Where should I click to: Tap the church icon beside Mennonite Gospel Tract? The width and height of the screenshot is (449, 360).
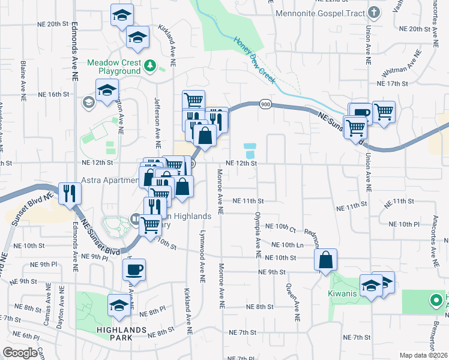coord(374,12)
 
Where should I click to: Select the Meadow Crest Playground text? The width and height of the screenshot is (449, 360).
coord(114,67)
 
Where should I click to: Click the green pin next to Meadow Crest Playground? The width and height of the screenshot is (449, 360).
coord(151,66)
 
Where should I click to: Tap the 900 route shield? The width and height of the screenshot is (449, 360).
coord(265,104)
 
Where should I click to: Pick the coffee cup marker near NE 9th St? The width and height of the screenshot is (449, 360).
coord(134,269)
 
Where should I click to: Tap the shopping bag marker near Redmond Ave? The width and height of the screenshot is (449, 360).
coord(325,260)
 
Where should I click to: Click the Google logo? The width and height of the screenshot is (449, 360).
coord(20,352)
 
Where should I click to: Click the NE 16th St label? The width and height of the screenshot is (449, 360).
coord(54,95)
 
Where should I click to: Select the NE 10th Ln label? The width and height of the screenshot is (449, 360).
coord(287,245)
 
